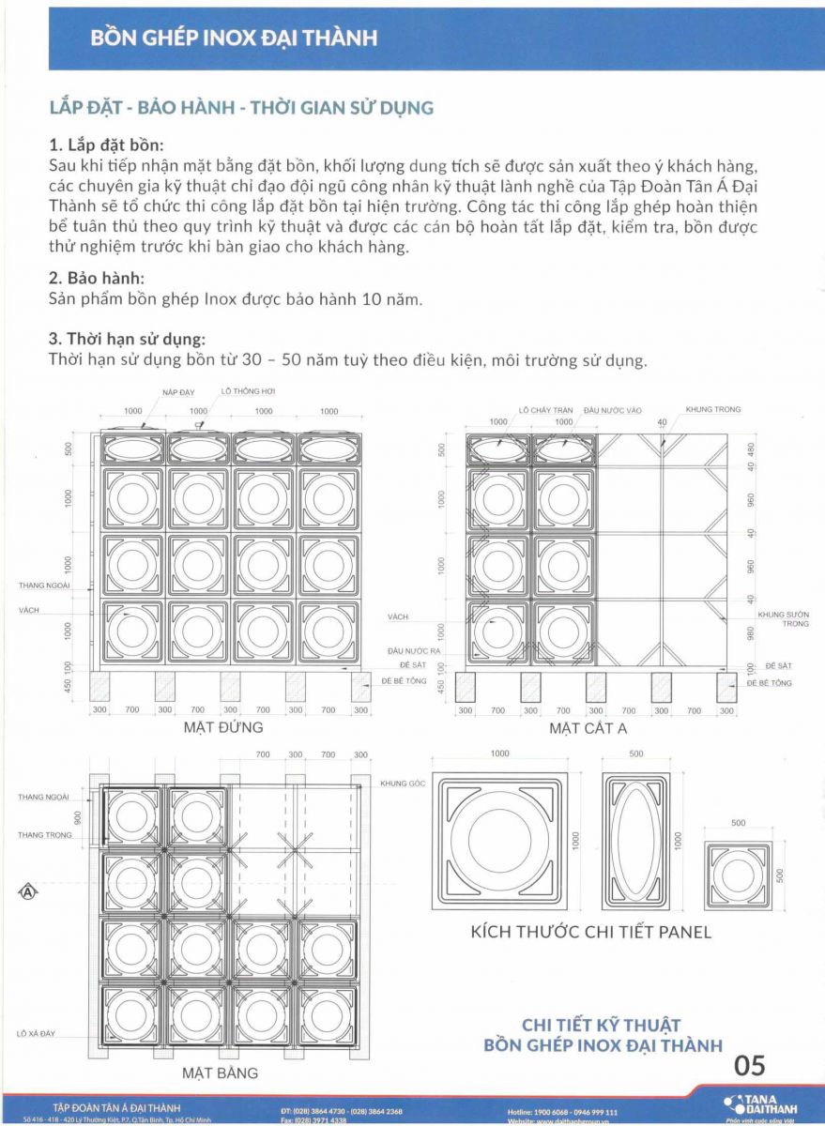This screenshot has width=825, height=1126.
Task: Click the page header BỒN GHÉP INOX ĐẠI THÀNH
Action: [234, 38]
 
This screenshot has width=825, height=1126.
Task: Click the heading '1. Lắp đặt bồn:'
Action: [106, 145]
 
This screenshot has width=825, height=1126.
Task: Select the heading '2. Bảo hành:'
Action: [98, 279]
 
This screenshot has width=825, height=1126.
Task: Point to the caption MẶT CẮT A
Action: [588, 728]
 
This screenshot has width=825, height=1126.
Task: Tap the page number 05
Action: [750, 1065]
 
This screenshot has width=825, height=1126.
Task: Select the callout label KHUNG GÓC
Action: [404, 783]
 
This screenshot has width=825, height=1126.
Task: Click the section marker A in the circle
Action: [27, 891]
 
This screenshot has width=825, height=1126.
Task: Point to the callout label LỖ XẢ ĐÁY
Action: [36, 1033]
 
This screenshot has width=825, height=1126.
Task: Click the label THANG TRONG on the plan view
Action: [44, 834]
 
